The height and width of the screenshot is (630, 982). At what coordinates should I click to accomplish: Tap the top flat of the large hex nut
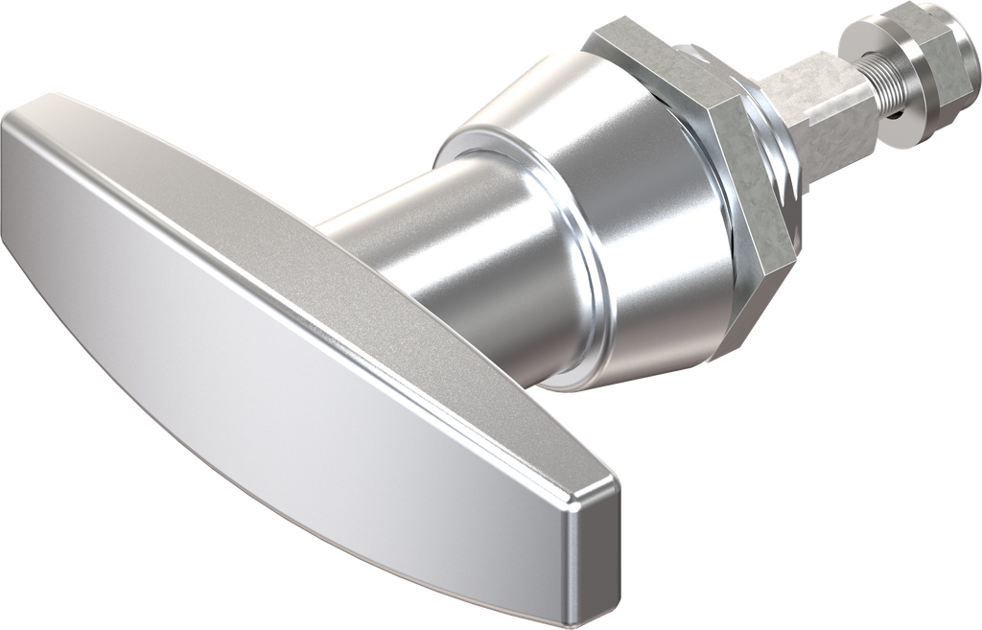(x=662, y=67)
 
